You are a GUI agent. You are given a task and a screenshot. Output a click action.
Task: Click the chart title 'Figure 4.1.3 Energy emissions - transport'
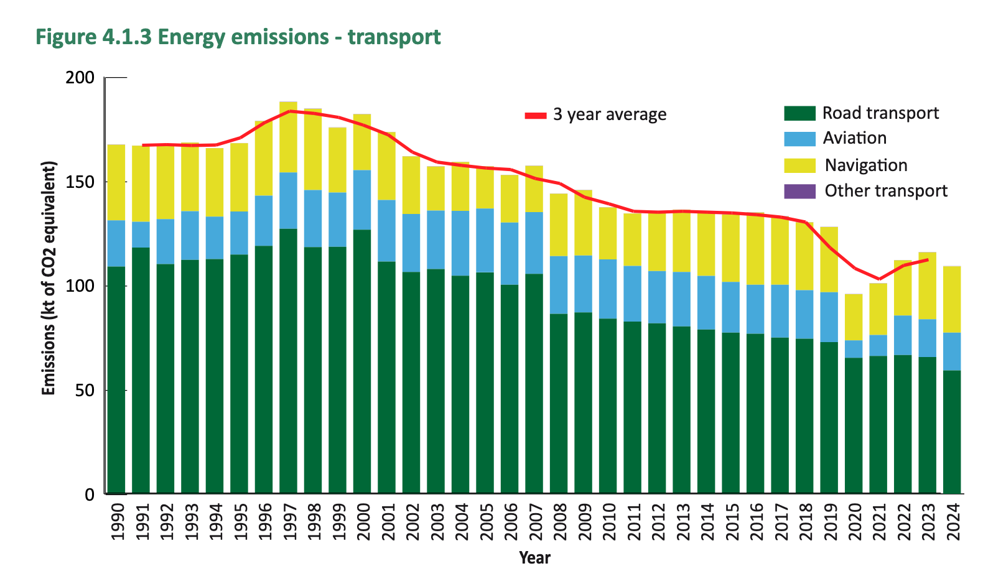click(x=238, y=37)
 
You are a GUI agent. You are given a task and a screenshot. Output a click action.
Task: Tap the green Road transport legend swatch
click(x=799, y=113)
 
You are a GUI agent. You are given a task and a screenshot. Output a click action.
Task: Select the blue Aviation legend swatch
click(x=799, y=139)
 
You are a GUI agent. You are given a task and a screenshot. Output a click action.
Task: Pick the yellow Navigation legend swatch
click(x=799, y=165)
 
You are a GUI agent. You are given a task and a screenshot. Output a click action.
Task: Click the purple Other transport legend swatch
click(x=799, y=191)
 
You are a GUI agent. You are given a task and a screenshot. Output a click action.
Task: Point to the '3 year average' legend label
click(x=609, y=114)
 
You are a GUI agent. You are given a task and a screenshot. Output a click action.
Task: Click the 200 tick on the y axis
click(x=80, y=78)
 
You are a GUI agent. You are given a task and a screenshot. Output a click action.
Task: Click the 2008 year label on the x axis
click(x=560, y=521)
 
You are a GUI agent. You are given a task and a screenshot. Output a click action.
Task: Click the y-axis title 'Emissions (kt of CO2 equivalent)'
click(x=49, y=277)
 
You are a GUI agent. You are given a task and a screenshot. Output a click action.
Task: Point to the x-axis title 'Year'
click(x=534, y=557)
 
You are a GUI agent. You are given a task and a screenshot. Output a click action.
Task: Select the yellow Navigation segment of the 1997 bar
click(x=289, y=137)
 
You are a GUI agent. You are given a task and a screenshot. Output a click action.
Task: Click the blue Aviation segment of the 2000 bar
click(x=362, y=200)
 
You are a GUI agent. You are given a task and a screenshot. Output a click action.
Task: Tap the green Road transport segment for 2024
click(x=952, y=432)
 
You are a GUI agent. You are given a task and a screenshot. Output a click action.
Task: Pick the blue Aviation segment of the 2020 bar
click(x=854, y=349)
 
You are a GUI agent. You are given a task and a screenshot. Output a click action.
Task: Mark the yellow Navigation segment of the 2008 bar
click(x=559, y=225)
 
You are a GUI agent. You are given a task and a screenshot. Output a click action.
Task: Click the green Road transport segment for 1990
click(x=116, y=379)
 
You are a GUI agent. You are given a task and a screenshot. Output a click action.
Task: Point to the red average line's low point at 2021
click(x=878, y=279)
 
